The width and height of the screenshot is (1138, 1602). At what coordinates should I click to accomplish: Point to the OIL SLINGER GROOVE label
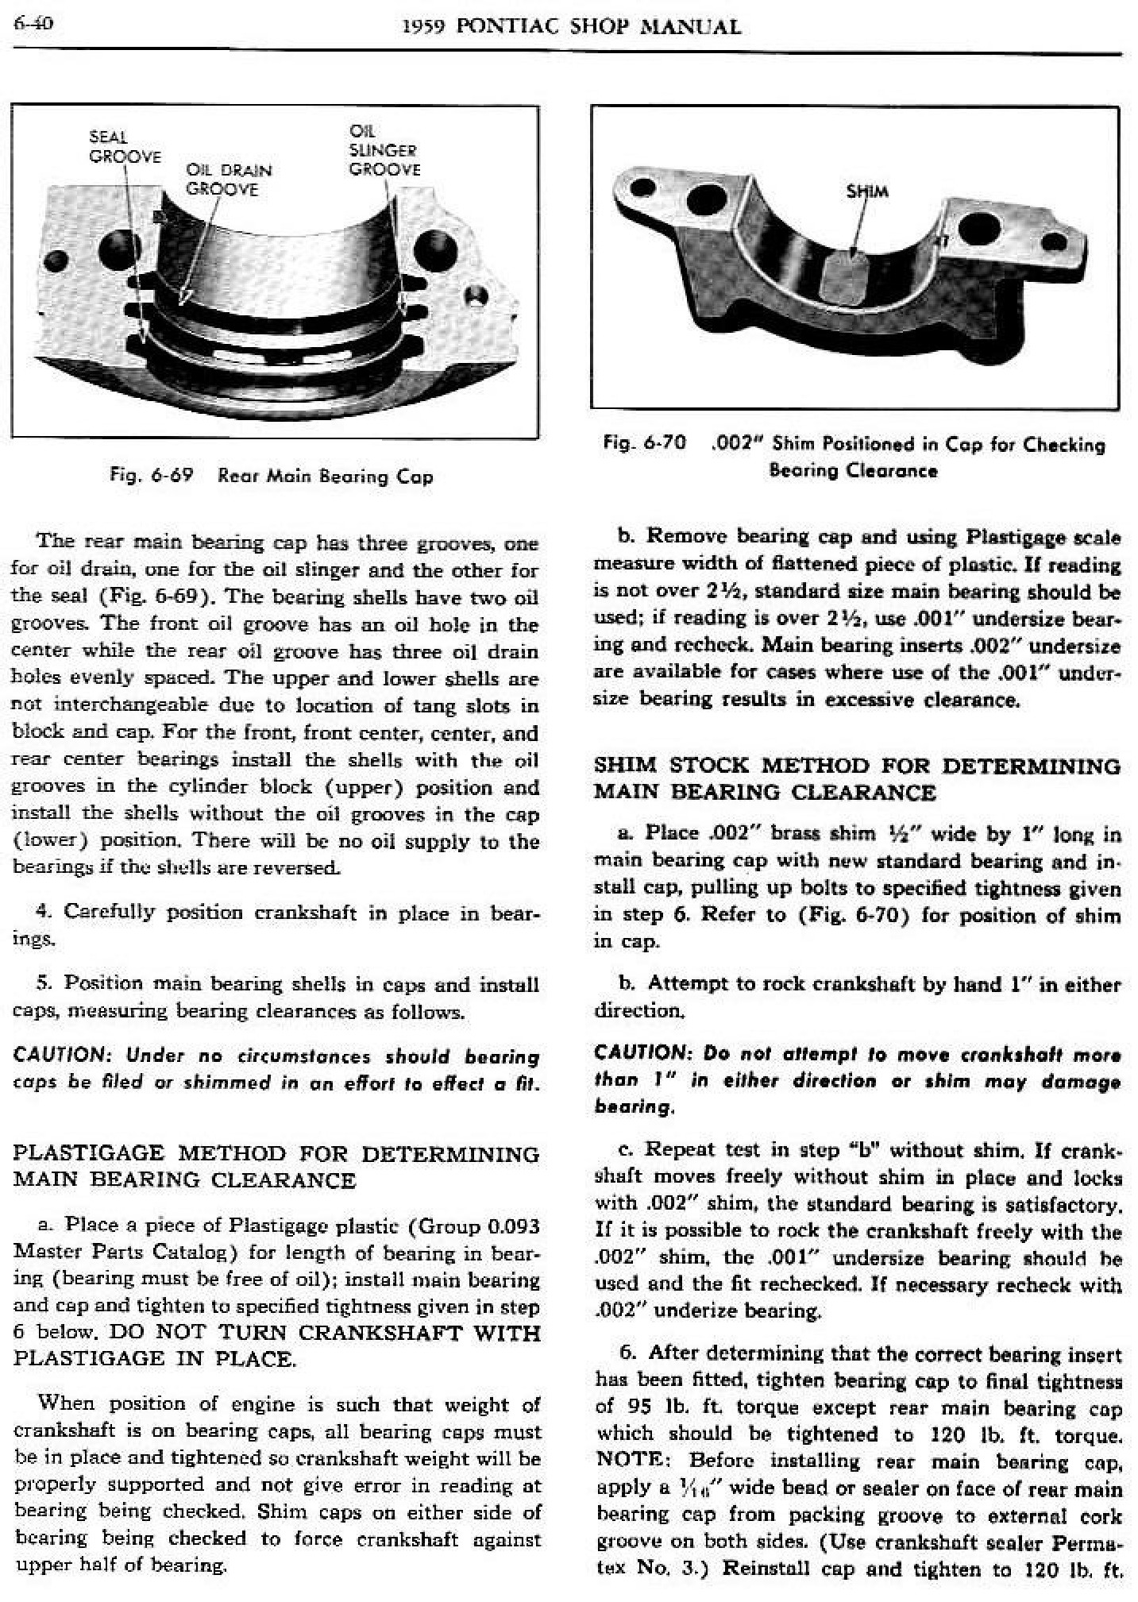pos(384,150)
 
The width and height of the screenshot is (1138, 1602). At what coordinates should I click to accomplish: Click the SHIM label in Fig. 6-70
pos(867,191)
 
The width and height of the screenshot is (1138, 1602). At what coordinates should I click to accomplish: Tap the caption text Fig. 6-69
pos(152,477)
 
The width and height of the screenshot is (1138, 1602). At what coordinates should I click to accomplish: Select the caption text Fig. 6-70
pos(644,443)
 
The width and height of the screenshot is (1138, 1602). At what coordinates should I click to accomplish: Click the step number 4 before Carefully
pos(44,912)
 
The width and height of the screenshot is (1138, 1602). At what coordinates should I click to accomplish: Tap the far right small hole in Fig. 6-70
pos(1055,241)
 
